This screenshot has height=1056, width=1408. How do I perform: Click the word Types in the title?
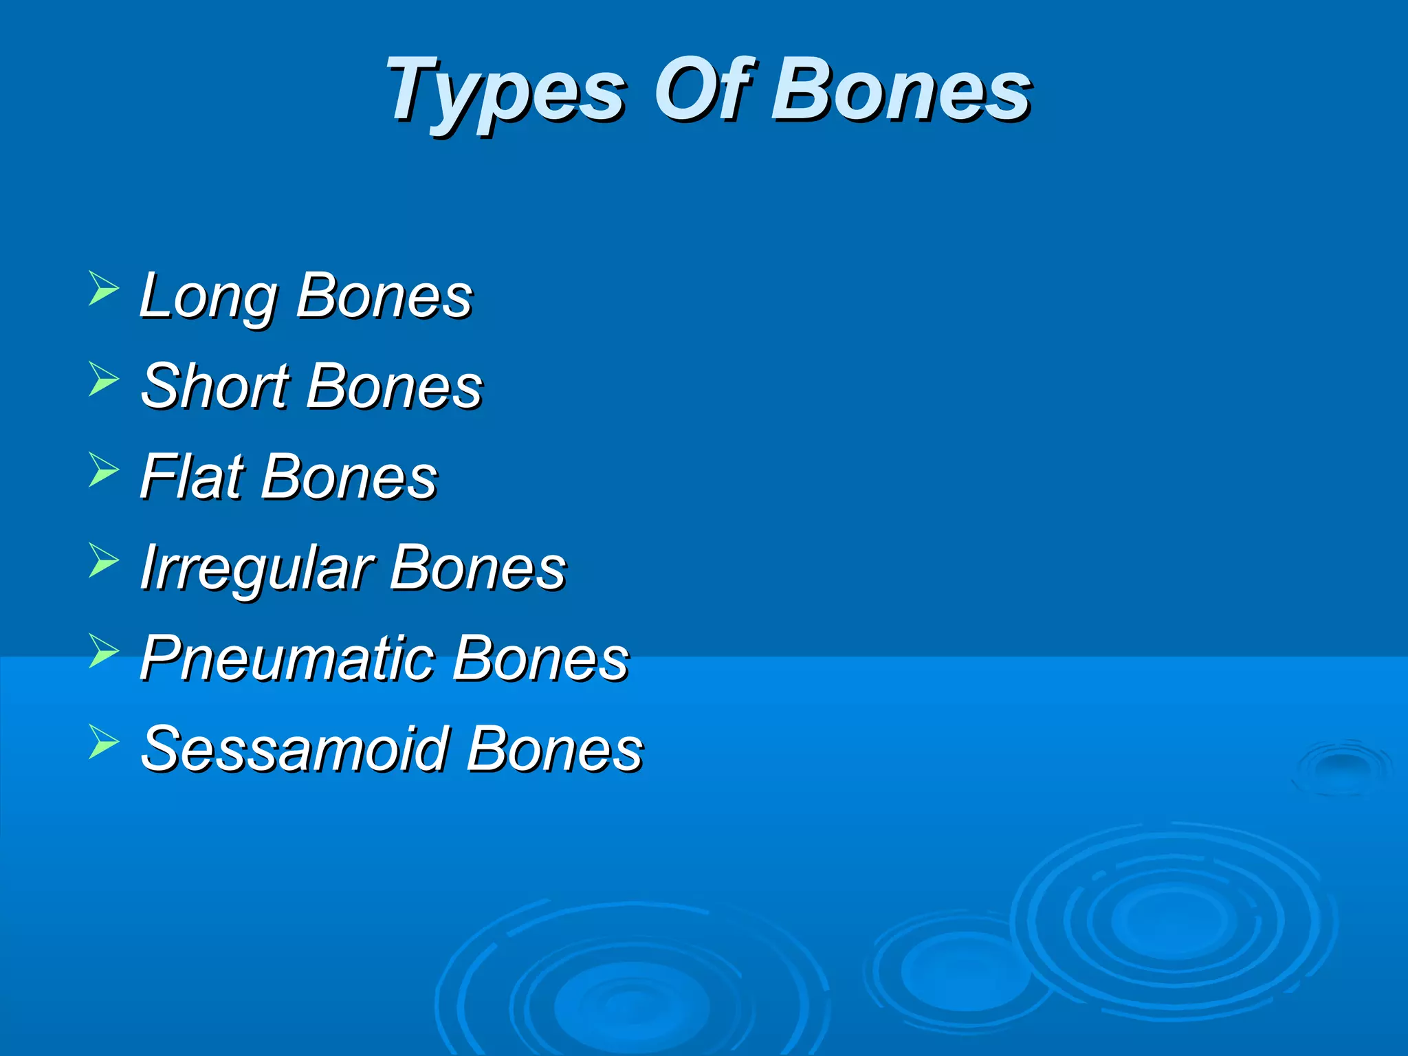505,93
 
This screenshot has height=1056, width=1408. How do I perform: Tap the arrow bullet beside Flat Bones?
103,469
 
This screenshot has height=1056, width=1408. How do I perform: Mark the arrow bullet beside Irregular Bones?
103,560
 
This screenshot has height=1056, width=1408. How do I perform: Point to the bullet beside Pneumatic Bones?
103,650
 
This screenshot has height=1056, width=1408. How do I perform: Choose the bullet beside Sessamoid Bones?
103,741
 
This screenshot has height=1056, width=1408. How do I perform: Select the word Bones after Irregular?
478,568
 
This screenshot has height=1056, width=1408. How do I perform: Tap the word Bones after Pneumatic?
540,659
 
